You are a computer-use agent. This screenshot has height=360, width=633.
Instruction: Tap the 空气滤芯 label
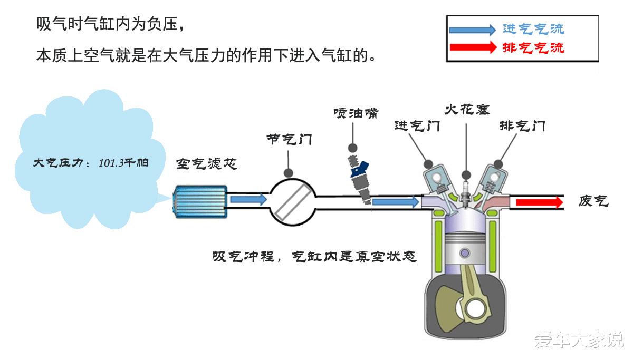coord(207,164)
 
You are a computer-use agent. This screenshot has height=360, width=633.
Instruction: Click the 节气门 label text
coord(289,140)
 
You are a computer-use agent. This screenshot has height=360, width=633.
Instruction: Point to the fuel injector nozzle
coord(360,179)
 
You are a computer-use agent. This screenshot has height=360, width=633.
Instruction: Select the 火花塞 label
coord(467,110)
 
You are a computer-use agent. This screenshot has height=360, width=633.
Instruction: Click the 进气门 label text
coord(417,127)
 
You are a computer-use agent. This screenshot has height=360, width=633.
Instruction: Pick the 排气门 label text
coord(522,127)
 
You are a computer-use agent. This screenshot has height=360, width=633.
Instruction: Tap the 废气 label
coord(593,201)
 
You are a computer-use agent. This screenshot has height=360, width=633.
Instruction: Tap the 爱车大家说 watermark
coord(578,339)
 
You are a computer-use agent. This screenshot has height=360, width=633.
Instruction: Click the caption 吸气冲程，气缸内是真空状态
coord(314,257)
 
